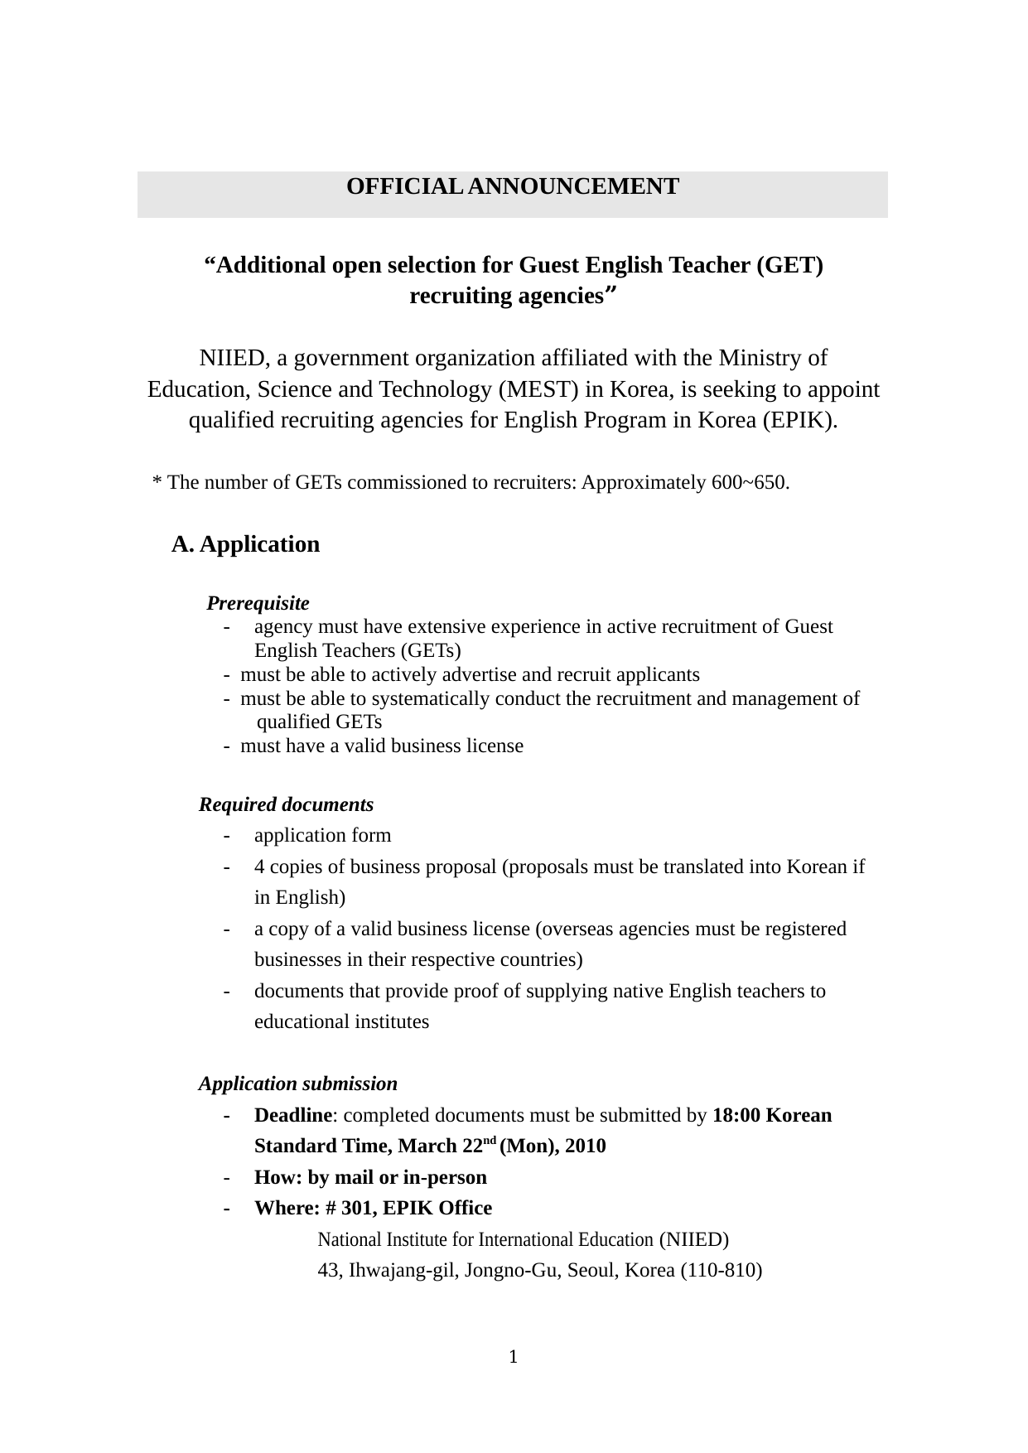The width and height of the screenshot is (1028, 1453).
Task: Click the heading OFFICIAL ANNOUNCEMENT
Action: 512,187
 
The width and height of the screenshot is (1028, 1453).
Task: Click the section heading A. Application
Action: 245,544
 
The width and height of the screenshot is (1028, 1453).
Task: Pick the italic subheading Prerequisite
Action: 258,603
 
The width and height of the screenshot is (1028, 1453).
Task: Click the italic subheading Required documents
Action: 286,804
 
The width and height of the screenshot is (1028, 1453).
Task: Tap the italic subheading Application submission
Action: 297,1084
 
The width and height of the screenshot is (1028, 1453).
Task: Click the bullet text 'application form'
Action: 322,835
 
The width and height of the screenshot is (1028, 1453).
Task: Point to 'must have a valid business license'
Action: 382,746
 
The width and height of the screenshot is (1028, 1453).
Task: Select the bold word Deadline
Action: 292,1115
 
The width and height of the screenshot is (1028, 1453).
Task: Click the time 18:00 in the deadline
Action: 736,1115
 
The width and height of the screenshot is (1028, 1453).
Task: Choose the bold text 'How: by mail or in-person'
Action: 370,1177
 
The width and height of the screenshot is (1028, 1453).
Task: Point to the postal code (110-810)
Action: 721,1270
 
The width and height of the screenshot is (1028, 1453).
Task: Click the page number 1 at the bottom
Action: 514,1356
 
